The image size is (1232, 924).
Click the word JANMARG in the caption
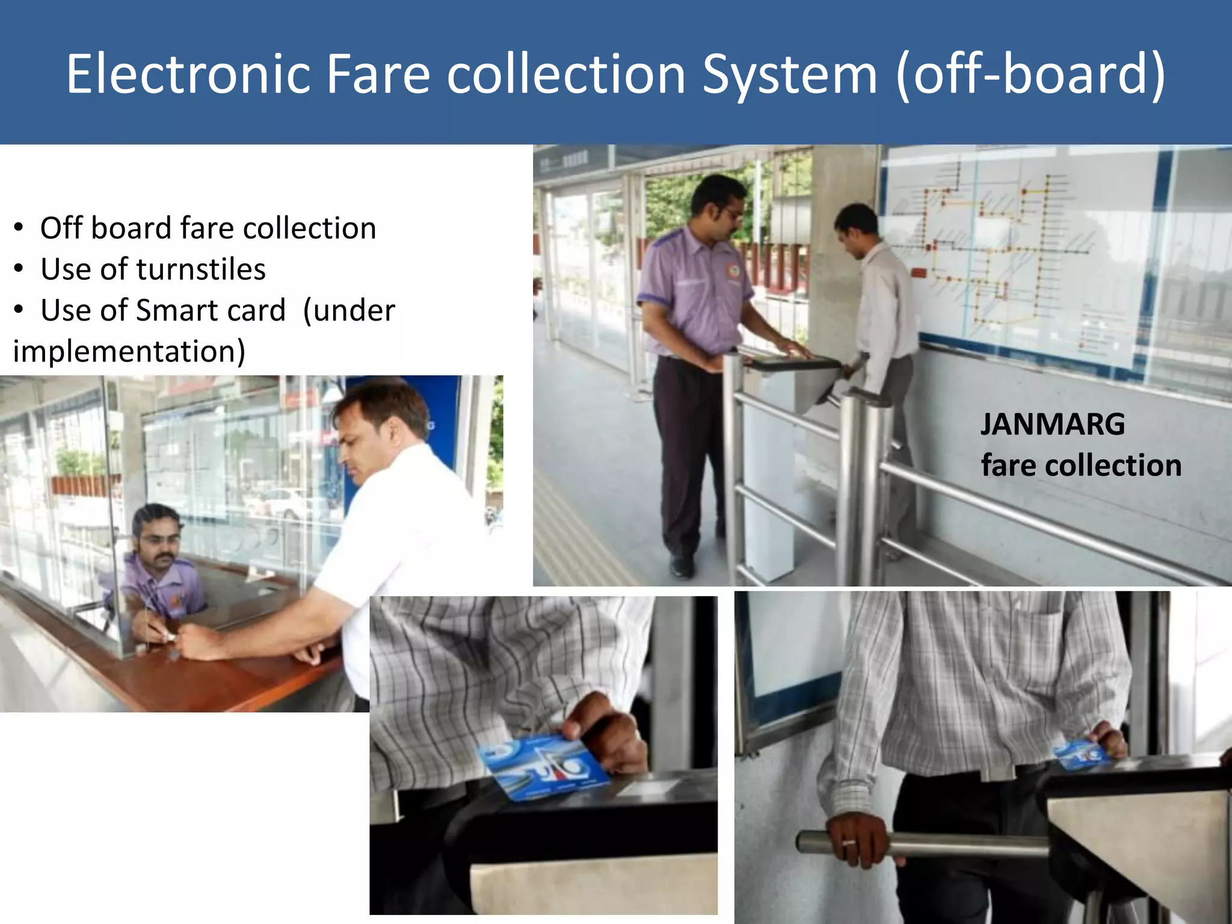coord(1053,424)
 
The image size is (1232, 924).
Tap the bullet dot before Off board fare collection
coord(19,229)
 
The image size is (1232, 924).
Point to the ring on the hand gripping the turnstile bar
coord(849,843)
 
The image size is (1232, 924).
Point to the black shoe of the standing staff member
coord(682,566)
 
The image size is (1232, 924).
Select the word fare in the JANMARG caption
coord(1008,466)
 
